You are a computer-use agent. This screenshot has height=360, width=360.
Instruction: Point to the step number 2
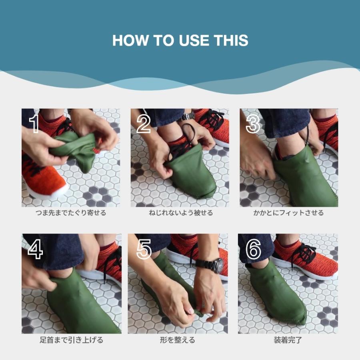tap(144, 124)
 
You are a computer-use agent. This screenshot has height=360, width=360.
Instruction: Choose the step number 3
tap(253, 124)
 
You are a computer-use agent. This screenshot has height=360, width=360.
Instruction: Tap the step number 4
tap(35, 249)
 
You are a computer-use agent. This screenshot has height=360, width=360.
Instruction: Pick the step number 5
tap(144, 249)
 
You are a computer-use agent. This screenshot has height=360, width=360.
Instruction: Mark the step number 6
tap(253, 249)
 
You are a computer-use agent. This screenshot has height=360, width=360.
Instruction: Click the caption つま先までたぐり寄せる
tap(71, 213)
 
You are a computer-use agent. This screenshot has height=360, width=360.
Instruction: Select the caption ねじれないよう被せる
tap(181, 213)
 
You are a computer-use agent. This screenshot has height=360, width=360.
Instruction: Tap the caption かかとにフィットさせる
tap(288, 213)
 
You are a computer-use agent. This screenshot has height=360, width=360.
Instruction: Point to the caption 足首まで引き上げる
tap(72, 340)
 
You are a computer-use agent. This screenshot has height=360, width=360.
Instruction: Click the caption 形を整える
tap(178, 340)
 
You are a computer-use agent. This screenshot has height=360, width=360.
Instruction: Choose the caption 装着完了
tap(288, 340)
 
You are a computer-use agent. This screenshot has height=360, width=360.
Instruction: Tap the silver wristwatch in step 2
tap(187, 117)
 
